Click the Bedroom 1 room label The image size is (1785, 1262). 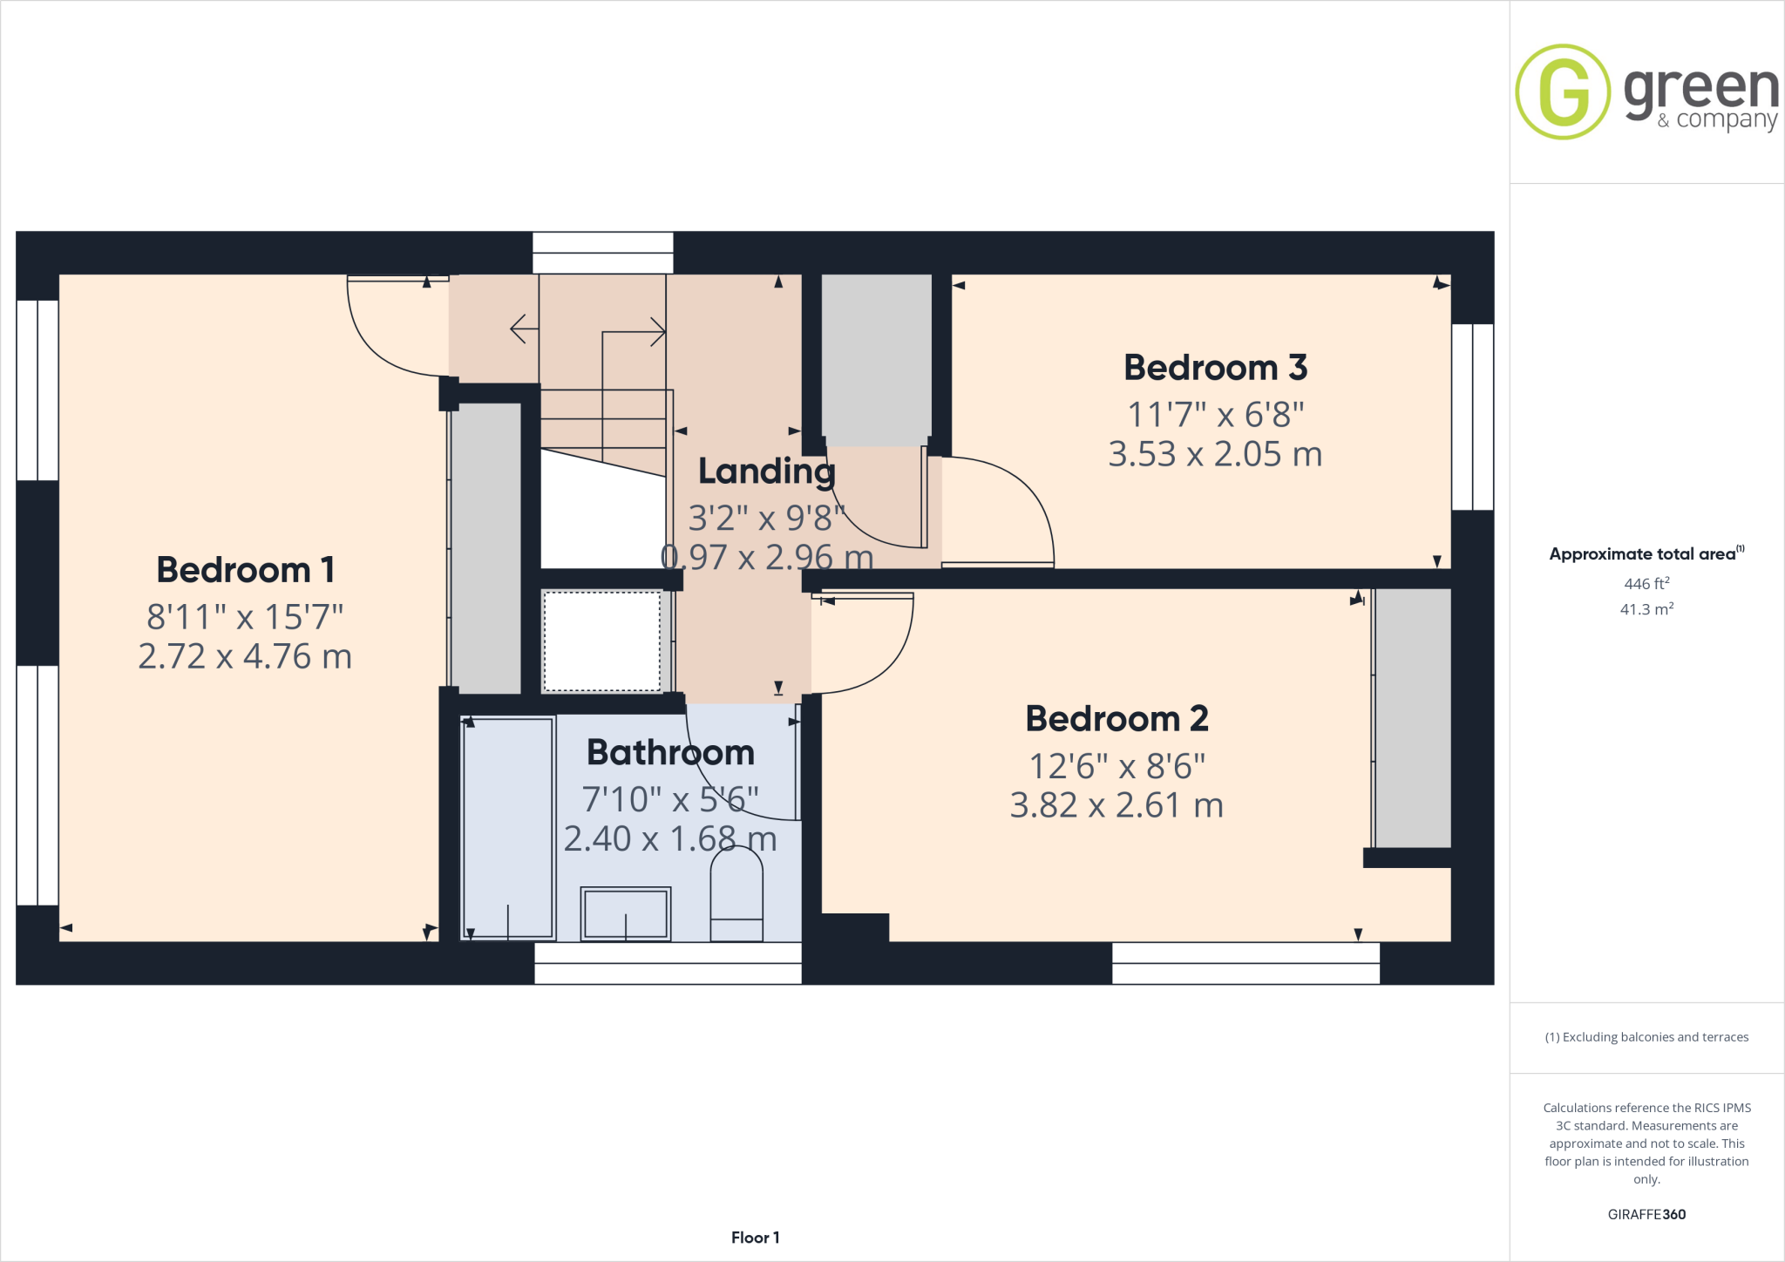click(245, 570)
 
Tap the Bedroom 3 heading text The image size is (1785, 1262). click(1215, 368)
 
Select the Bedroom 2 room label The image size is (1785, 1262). click(1116, 719)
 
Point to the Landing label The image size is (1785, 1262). click(766, 472)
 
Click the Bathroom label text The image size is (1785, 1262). click(670, 752)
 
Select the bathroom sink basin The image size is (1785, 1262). click(625, 913)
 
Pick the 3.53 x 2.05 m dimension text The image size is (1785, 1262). click(1215, 454)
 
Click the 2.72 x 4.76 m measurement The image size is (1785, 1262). click(245, 656)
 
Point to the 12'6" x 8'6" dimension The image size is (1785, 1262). click(1116, 767)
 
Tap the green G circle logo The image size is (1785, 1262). click(1563, 92)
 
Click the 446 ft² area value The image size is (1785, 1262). click(1646, 584)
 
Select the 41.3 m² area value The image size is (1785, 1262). click(1646, 609)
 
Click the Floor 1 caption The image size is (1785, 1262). click(755, 1238)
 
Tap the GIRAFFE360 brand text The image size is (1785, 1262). click(1646, 1214)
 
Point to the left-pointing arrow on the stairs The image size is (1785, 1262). click(523, 329)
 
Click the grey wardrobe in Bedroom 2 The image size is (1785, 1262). click(1412, 717)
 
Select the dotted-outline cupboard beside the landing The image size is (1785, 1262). click(601, 641)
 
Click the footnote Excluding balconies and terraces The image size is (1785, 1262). click(1646, 1037)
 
